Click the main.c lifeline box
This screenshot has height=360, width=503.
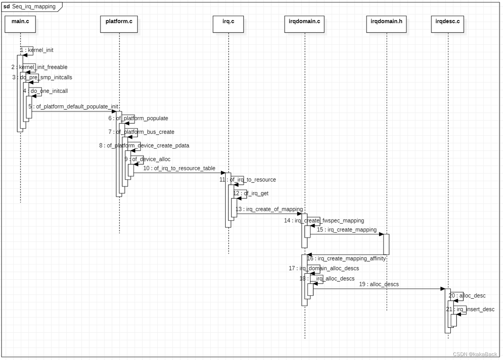pyautogui.click(x=20, y=24)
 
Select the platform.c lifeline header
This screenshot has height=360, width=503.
pyautogui.click(x=119, y=24)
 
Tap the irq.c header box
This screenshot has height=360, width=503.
pyautogui.click(x=228, y=24)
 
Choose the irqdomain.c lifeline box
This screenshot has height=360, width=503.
pyautogui.click(x=304, y=24)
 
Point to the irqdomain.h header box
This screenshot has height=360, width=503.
pyautogui.click(x=386, y=24)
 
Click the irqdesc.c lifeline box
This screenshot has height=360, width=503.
pyautogui.click(x=448, y=24)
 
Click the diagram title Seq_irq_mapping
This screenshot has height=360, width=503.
pyautogui.click(x=33, y=7)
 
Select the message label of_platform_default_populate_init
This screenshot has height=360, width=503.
pyautogui.click(x=73, y=107)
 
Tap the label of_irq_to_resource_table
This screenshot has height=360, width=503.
pyautogui.click(x=179, y=168)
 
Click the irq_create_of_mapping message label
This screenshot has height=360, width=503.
pyautogui.click(x=269, y=209)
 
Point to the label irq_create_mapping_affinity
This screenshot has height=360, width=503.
pyautogui.click(x=346, y=258)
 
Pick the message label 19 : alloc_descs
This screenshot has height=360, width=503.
pyautogui.click(x=379, y=284)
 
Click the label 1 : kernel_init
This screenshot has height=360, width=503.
pyautogui.click(x=37, y=50)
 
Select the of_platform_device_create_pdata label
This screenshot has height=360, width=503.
pyautogui.click(x=144, y=145)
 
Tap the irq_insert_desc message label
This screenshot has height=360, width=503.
pyautogui.click(x=470, y=309)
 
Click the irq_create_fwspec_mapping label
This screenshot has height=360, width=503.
pyautogui.click(x=324, y=220)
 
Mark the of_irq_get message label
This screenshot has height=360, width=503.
pyautogui.click(x=251, y=193)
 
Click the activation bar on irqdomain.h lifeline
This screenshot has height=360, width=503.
pyautogui.click(x=386, y=244)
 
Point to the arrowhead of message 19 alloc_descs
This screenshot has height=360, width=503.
pyautogui.click(x=442, y=289)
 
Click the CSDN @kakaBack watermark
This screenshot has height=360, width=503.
pyautogui.click(x=475, y=354)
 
